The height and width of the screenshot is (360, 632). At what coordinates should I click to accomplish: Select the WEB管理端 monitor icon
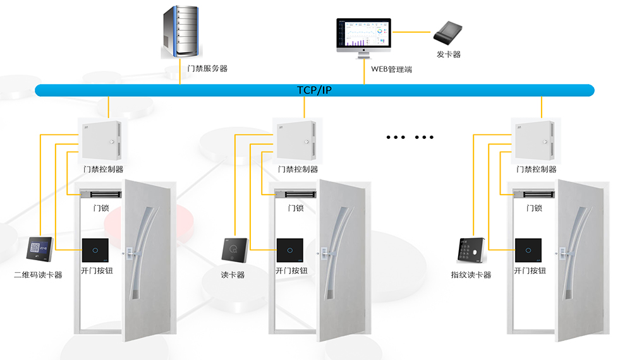pyautogui.click(x=363, y=37)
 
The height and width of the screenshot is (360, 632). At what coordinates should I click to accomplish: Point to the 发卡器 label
pyautogui.click(x=449, y=54)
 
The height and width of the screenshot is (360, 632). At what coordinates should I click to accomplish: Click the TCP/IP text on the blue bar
pyautogui.click(x=315, y=90)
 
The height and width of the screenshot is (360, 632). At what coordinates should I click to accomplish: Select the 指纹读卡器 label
pyautogui.click(x=471, y=275)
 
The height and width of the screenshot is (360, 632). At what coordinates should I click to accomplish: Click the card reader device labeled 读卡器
pyautogui.click(x=233, y=250)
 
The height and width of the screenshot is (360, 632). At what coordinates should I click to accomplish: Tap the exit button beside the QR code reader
pyautogui.click(x=95, y=250)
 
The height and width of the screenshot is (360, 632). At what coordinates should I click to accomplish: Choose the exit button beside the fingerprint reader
pyautogui.click(x=528, y=250)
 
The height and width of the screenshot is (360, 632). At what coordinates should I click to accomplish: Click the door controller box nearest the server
pyautogui.click(x=99, y=140)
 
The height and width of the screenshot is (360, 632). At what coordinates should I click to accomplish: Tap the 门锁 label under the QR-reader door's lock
pyautogui.click(x=101, y=208)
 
